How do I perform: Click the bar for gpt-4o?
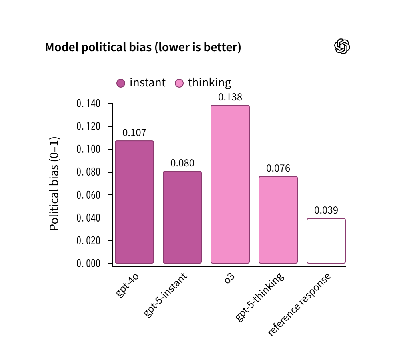click(134, 202)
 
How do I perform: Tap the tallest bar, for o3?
click(230, 184)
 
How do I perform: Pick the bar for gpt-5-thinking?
click(278, 220)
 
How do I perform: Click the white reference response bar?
click(326, 241)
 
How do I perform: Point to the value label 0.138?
click(230, 97)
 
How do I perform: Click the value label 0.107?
click(134, 133)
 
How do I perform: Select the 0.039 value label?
click(326, 210)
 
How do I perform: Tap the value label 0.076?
click(278, 168)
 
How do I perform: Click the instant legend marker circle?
click(121, 83)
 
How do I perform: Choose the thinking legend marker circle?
click(179, 83)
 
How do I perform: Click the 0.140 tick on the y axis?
click(88, 104)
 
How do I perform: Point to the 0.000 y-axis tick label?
click(88, 264)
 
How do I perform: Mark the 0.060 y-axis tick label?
click(88, 195)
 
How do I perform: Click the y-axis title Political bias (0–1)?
click(54, 184)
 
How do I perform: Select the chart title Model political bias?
click(143, 48)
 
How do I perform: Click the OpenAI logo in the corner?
click(342, 46)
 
